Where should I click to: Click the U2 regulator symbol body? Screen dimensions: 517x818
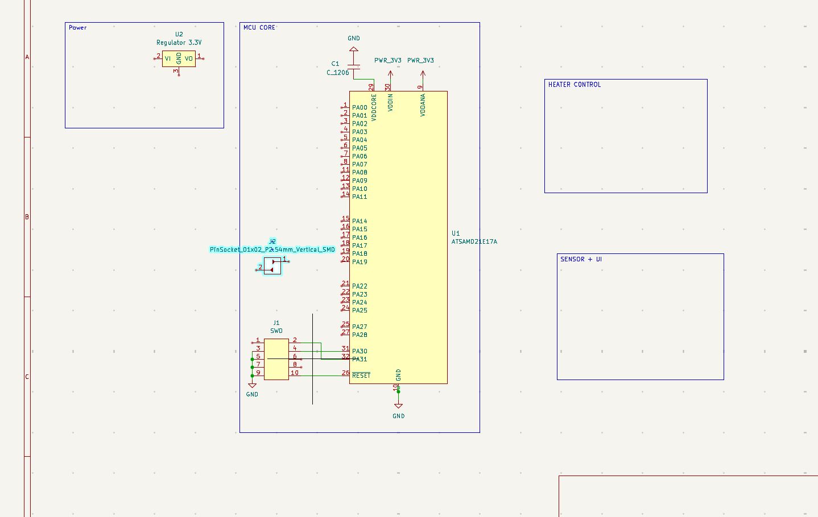[179, 59]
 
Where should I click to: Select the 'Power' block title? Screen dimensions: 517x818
[78, 27]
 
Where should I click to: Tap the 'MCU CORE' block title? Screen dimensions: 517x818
[259, 27]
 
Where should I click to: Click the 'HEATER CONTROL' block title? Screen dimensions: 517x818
[575, 85]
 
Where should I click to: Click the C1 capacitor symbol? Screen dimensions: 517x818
[354, 69]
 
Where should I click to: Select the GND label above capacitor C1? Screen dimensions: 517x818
[354, 39]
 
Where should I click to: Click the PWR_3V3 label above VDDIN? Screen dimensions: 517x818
[388, 60]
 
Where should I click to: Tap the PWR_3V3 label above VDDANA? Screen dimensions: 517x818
[421, 60]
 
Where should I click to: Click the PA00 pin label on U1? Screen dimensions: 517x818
[360, 107]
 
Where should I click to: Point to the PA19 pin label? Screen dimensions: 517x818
[360, 262]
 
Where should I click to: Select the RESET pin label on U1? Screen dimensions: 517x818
[361, 376]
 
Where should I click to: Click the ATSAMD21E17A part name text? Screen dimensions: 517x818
[474, 241]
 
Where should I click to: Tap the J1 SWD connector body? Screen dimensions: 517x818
[276, 359]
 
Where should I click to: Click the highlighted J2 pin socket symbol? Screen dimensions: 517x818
[273, 265]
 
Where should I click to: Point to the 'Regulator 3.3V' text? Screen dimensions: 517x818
[179, 43]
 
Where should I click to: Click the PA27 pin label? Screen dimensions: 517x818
[360, 327]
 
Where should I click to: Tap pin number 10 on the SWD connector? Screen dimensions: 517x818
[295, 373]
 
